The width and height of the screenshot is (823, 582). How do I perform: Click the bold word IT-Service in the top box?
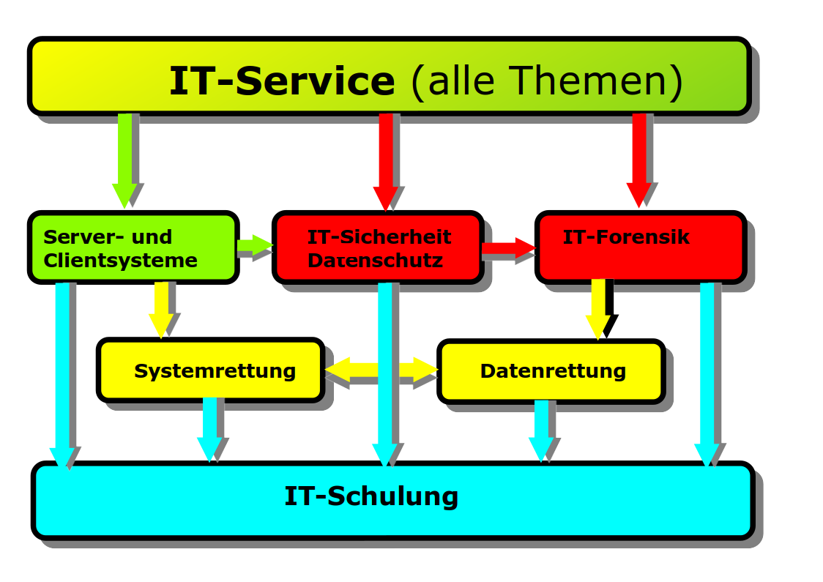pyautogui.click(x=282, y=81)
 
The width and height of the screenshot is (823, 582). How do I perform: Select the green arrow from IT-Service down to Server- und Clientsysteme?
pyautogui.click(x=125, y=160)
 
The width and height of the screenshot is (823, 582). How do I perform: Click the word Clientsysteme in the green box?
pyautogui.click(x=120, y=261)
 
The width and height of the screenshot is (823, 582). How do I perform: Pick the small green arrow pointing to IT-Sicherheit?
pyautogui.click(x=255, y=245)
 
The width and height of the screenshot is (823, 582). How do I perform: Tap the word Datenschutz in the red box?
pyautogui.click(x=376, y=261)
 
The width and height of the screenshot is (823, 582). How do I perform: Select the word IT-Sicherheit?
pyautogui.click(x=379, y=236)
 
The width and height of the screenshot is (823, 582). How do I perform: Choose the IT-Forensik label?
pyautogui.click(x=625, y=236)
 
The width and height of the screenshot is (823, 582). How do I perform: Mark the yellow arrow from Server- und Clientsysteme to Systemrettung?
pyautogui.click(x=161, y=310)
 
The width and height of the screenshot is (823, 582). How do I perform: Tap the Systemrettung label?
pyautogui.click(x=215, y=371)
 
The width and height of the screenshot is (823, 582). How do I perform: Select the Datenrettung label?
pyautogui.click(x=554, y=371)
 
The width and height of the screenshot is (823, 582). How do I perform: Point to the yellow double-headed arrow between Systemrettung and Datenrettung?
pyautogui.click(x=381, y=370)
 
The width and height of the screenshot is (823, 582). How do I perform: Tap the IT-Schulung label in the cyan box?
pyautogui.click(x=371, y=496)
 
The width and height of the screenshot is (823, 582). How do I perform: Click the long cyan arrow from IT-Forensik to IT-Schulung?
pyautogui.click(x=707, y=374)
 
